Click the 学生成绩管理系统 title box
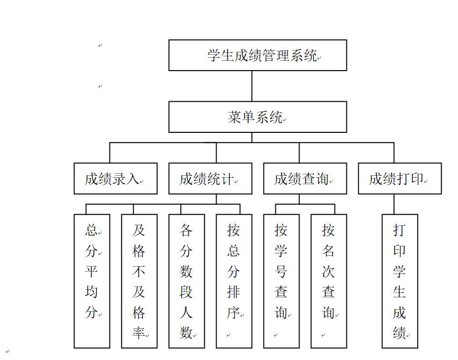pos(258,55)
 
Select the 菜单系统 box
pos(258,117)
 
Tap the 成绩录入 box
pos(115,179)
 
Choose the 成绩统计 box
pos(210,179)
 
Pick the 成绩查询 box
pos(305,179)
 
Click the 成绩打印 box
pos(400,179)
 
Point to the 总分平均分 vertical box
pos(92,281)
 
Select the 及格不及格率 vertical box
pos(139,281)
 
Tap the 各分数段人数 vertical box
pos(187,281)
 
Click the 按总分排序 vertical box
pos(234,281)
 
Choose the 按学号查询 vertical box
pos(281,281)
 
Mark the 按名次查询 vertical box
pos(329,281)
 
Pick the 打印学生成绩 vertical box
pos(400,281)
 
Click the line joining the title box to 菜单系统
pos(252,86)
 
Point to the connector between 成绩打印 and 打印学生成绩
pos(394,204)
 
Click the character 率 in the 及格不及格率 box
pos(139,332)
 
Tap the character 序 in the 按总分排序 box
pos(233,313)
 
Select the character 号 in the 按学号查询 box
pos(281,272)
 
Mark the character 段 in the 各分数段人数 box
pos(186,292)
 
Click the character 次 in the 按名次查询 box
pos(328,272)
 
